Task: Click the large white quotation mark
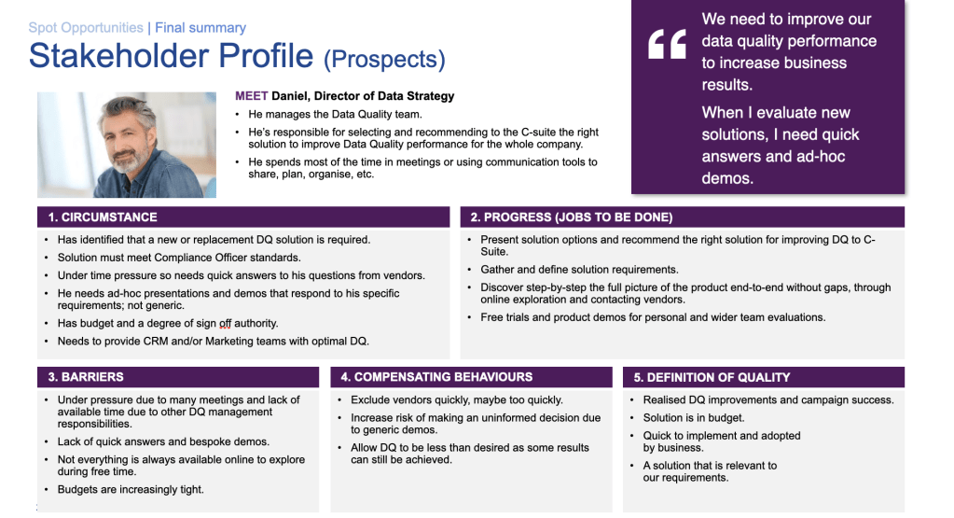pyautogui.click(x=667, y=44)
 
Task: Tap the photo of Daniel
pyautogui.click(x=127, y=145)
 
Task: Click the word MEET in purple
pyautogui.click(x=251, y=96)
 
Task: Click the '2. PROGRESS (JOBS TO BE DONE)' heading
pyautogui.click(x=571, y=217)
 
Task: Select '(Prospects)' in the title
pyautogui.click(x=384, y=60)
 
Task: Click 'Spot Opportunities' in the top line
pyautogui.click(x=86, y=28)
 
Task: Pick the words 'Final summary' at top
pyautogui.click(x=200, y=28)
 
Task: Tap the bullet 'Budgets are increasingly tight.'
pyautogui.click(x=131, y=490)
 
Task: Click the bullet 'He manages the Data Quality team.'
pyautogui.click(x=336, y=115)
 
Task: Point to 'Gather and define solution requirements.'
pyautogui.click(x=579, y=270)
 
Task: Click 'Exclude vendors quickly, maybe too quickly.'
pyautogui.click(x=457, y=400)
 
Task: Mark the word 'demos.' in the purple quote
pyautogui.click(x=727, y=178)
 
